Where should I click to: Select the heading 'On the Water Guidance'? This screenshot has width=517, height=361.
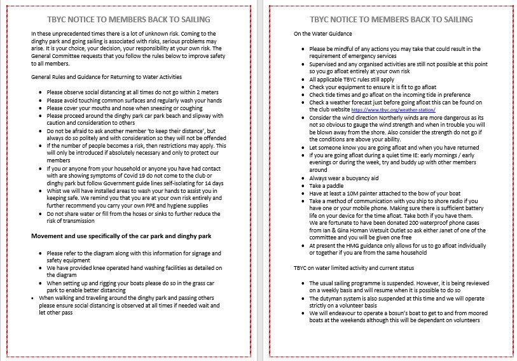click(x=322, y=33)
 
